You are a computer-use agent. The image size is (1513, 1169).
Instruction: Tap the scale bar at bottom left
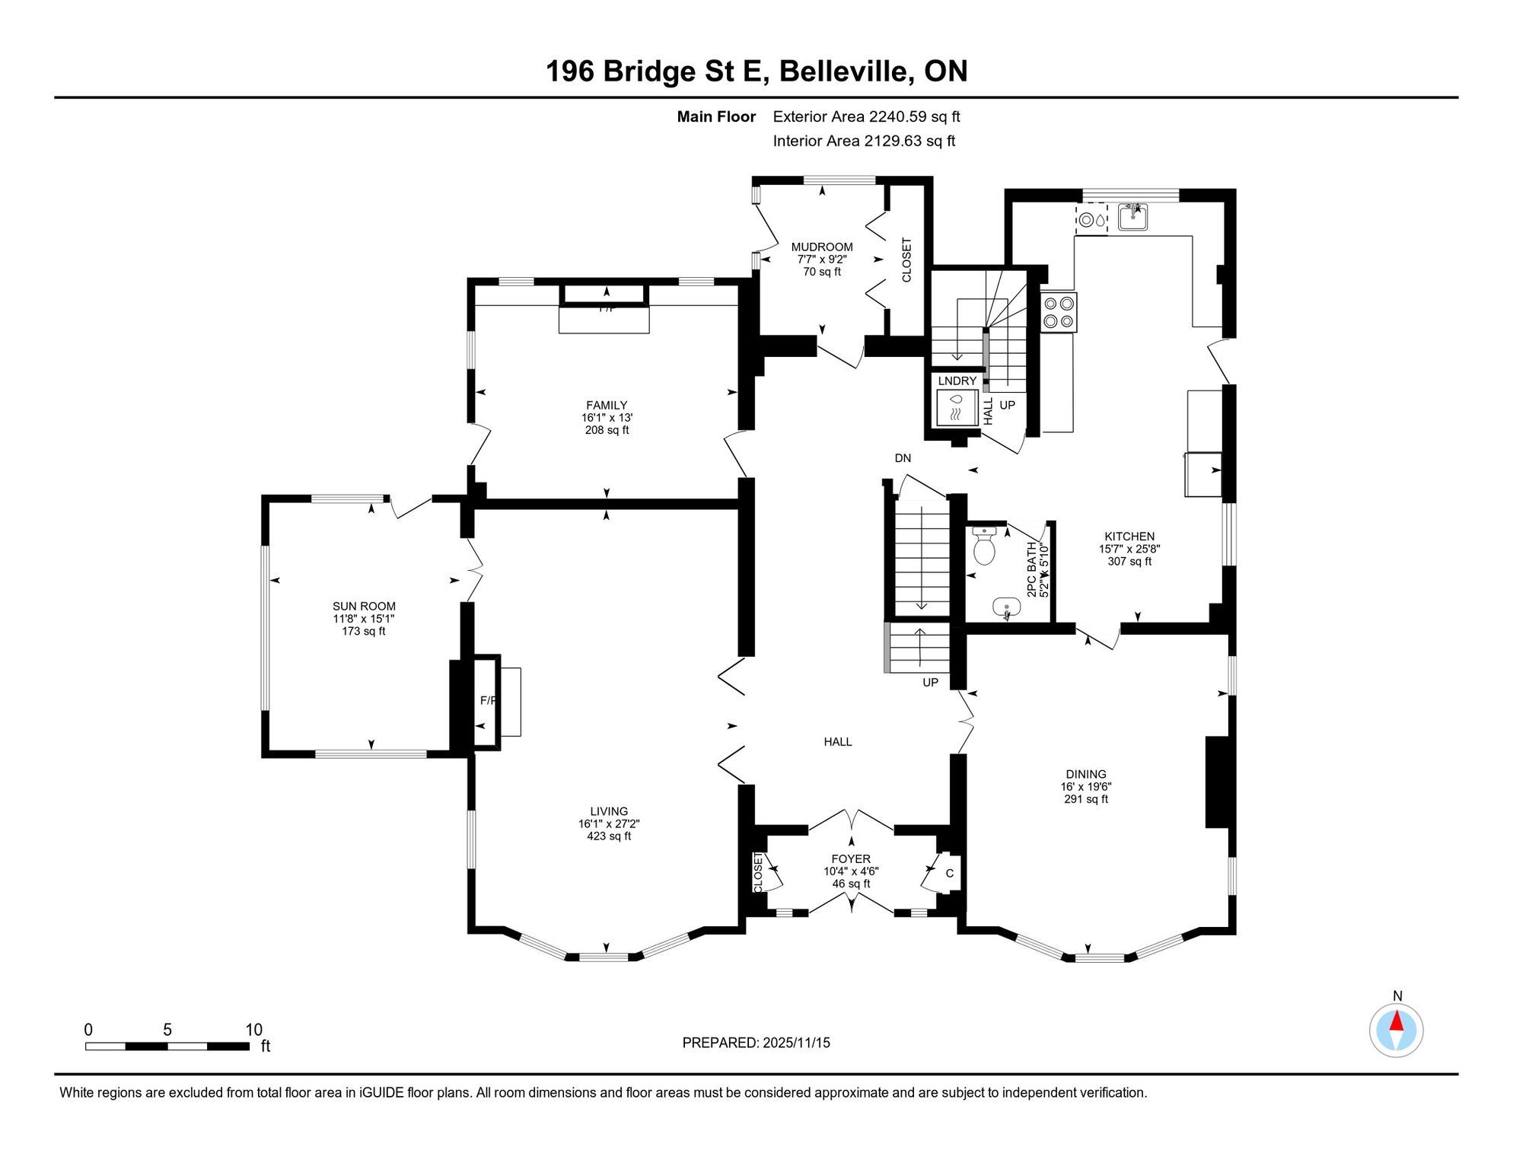(167, 1046)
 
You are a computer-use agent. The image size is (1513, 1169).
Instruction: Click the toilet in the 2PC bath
(984, 546)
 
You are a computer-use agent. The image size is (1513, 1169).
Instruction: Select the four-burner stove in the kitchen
(1059, 313)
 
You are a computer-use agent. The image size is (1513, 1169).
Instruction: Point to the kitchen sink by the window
(1133, 217)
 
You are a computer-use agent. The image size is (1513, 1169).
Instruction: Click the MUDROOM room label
(822, 247)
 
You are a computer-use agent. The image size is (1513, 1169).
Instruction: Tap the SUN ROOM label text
(364, 607)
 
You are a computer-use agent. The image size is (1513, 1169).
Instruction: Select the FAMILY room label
(607, 406)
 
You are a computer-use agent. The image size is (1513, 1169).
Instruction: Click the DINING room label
(1086, 774)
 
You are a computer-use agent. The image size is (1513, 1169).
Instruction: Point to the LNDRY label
(957, 381)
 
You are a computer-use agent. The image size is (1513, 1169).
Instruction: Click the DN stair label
(903, 458)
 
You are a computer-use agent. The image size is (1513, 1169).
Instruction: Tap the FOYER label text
(851, 859)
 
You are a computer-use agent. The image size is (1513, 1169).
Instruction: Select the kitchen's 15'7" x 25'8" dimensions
(1129, 549)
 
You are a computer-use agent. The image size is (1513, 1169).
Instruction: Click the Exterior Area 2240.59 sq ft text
(867, 116)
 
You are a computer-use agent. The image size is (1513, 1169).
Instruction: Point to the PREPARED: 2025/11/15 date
(756, 1043)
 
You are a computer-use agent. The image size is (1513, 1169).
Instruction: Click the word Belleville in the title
(846, 72)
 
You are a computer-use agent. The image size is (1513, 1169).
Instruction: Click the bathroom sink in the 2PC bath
(1007, 607)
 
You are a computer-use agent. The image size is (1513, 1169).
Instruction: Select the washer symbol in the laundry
(957, 407)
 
